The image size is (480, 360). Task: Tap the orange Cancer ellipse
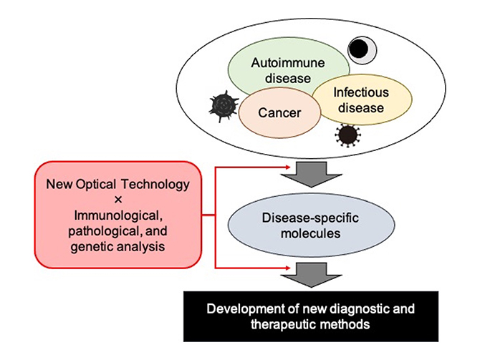[x=279, y=113]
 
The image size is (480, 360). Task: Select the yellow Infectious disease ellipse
[x=362, y=99]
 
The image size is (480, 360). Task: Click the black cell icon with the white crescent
[x=362, y=50]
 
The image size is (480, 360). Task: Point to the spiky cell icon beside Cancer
[x=224, y=106]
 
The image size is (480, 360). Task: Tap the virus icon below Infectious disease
[x=347, y=135]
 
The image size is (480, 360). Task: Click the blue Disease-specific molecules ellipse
[x=311, y=225]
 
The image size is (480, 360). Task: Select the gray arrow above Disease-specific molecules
[x=312, y=175]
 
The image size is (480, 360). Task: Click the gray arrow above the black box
[x=312, y=275]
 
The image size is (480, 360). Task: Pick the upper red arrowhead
[x=288, y=167]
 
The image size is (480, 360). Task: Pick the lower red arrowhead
[x=288, y=268]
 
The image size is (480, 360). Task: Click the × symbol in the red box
[x=118, y=200]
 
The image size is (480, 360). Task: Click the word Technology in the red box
[x=155, y=185]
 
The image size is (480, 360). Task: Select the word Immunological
[x=118, y=216]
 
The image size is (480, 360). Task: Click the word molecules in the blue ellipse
[x=311, y=233]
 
